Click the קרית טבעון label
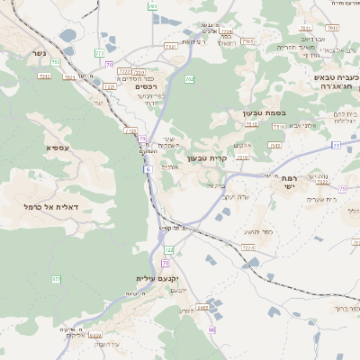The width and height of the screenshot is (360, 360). pos(203,158)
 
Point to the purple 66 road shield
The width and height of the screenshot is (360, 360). pos(211,330)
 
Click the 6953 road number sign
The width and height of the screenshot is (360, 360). pos(203,307)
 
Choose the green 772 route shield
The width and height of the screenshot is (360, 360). pos(100,53)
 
